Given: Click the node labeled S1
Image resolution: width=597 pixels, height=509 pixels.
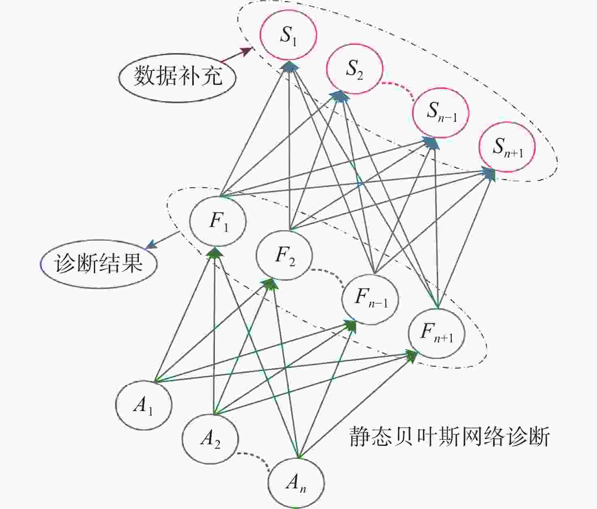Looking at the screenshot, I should click(x=288, y=35).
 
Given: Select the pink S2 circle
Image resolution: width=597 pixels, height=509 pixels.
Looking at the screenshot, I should click(x=354, y=69).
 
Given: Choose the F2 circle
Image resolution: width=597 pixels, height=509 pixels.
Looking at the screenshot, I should click(x=284, y=255).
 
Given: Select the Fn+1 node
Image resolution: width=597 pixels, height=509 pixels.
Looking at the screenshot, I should click(x=437, y=333).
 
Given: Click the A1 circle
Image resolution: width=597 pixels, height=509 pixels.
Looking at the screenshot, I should click(x=144, y=405).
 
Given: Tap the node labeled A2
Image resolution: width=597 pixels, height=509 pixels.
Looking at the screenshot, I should click(x=210, y=439).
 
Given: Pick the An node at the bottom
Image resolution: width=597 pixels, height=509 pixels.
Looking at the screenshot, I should click(x=296, y=482).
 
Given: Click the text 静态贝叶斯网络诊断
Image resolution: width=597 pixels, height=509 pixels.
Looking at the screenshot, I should click(x=449, y=437).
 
